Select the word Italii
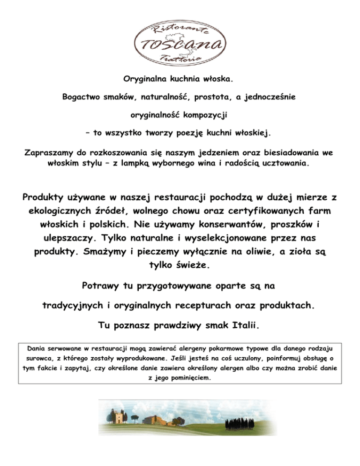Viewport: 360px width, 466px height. [x=241, y=325]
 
